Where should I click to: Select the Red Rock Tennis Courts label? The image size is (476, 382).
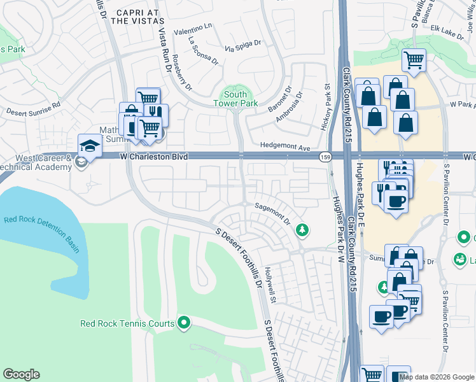point(127,323)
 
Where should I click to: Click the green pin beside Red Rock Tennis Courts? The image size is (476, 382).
point(185,323)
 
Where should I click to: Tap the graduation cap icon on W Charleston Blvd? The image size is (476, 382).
point(90,147)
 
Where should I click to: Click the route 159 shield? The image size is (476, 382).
point(326,157)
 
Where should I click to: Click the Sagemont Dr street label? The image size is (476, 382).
point(273,214)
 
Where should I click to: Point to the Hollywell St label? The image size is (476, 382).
point(270,283)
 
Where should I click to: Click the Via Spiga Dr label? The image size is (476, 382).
point(243,46)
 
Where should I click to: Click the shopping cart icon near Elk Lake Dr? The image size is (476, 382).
point(414,61)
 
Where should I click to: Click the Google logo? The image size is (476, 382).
point(22,374)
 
